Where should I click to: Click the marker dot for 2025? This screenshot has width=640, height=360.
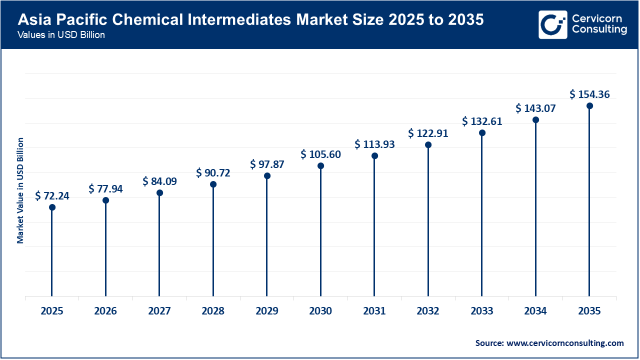52,207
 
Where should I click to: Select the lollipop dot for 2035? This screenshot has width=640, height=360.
589,106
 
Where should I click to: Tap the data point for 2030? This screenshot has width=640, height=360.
320,166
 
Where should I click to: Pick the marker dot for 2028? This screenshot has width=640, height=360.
213,184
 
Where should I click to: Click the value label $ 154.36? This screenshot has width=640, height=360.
589,94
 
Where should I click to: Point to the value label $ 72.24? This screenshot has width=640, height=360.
52,196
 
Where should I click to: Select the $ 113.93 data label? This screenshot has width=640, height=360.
374,144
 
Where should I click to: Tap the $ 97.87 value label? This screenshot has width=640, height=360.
267,164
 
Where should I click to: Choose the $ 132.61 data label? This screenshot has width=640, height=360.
482,121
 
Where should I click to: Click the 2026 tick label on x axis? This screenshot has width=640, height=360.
105,311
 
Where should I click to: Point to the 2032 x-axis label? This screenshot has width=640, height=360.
428,311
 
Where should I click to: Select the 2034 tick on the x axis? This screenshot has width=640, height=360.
535,311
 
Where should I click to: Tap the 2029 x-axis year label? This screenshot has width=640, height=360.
267,311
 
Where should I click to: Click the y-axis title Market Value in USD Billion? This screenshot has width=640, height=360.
20,190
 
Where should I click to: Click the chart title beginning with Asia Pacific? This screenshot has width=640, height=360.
250,20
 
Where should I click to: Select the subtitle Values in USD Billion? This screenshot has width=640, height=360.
61,35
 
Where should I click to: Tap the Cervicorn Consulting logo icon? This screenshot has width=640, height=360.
552,24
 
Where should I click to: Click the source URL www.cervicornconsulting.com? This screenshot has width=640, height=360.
565,343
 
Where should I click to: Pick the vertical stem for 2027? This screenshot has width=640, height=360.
159,245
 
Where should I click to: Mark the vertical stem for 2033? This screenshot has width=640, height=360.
482,215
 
